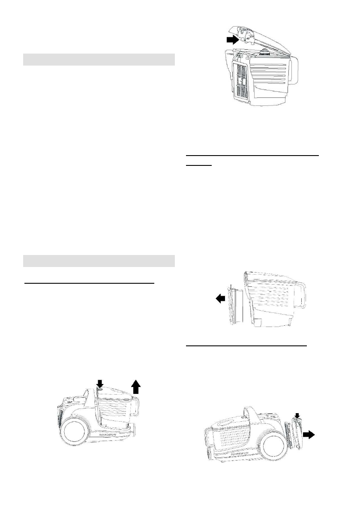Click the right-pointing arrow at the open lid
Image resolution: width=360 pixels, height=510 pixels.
pos(231,40)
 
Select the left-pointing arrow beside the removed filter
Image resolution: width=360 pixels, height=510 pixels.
pos(220,300)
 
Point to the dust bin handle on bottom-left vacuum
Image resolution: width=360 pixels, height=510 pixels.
pos(136,408)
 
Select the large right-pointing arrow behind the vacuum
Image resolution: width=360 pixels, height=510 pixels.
pos(308,434)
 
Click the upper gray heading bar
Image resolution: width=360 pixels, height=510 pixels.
pos(99,60)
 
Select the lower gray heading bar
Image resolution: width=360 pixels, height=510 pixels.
pos(99,261)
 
